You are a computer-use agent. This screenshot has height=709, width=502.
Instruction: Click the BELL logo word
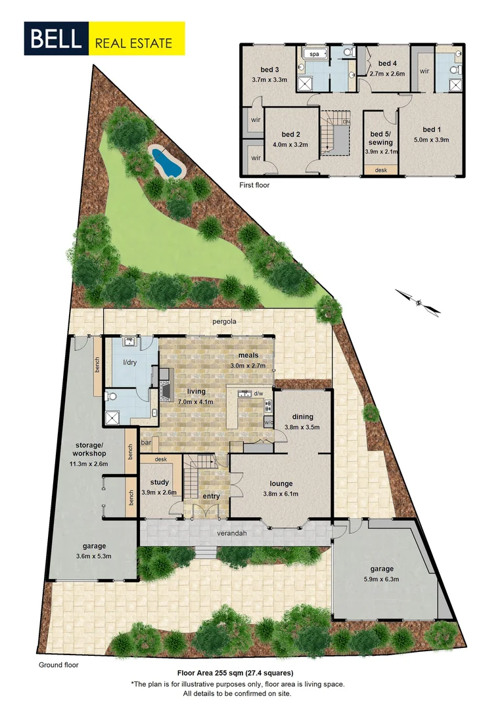click(x=55, y=39)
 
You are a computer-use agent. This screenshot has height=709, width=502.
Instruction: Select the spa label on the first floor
click(x=314, y=54)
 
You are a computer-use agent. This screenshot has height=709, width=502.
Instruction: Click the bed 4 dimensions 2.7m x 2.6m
click(x=388, y=74)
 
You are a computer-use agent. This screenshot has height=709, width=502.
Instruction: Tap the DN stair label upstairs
click(x=346, y=122)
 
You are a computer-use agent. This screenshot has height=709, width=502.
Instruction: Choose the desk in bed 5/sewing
click(x=380, y=170)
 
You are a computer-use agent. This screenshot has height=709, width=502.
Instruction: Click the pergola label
click(x=225, y=322)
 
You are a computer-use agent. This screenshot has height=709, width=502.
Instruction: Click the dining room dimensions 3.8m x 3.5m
click(x=303, y=427)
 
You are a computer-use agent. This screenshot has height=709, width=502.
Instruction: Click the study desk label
click(x=160, y=460)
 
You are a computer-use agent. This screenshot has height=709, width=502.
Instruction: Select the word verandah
click(x=233, y=533)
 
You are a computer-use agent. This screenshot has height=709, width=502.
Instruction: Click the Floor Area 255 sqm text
click(x=235, y=673)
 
